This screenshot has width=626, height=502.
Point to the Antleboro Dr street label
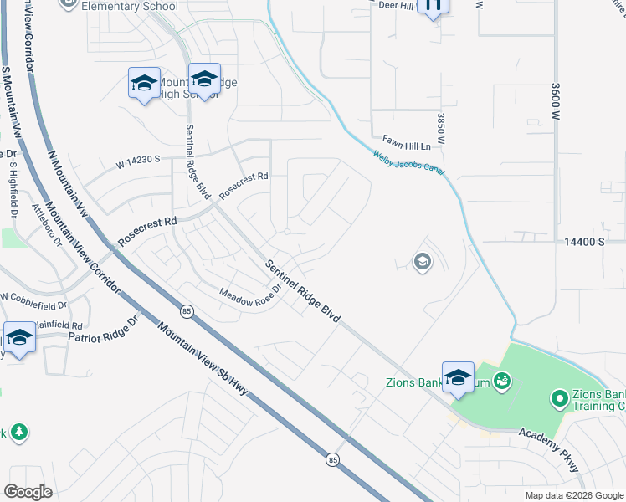pos(48,226)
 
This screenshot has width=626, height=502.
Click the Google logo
pos(28,492)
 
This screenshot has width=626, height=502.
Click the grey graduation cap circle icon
pos(423,263)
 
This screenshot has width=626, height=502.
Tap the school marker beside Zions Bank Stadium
pos(458,377)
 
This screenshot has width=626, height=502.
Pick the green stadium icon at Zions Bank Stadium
pos(502,382)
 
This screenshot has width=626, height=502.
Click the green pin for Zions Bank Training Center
pos(559,400)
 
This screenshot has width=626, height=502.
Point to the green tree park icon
pos(18,433)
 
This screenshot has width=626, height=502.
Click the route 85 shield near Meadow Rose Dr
pos(186,311)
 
